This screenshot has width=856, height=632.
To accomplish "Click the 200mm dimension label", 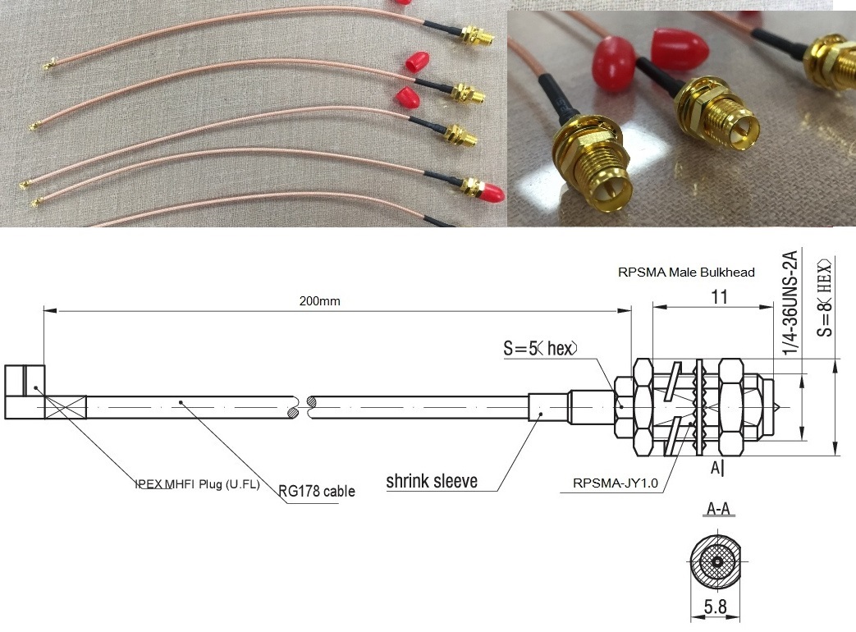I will [x=319, y=301].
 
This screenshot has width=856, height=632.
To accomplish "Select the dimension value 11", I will [x=719, y=297].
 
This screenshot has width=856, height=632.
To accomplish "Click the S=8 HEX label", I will [x=824, y=297].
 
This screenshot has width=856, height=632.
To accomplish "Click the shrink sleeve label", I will [x=432, y=481].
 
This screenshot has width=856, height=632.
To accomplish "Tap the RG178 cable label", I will [x=317, y=491].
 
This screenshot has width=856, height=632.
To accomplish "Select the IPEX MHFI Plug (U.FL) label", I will [x=197, y=484].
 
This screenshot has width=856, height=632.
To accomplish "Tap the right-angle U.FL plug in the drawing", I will [x=25, y=392].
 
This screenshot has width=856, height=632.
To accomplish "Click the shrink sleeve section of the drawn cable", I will [x=545, y=405].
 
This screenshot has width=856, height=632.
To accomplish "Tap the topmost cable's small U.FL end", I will [x=49, y=62].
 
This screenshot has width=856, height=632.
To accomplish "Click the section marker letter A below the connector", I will [x=713, y=469].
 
